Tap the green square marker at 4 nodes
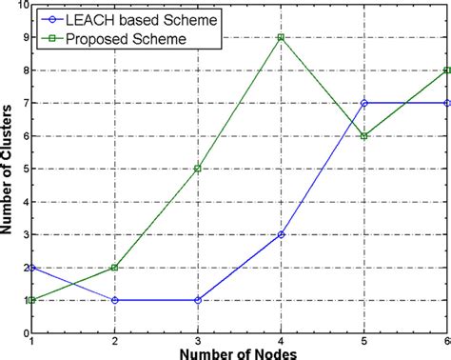(281, 37)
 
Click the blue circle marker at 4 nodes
(281, 234)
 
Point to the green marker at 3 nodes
(197, 169)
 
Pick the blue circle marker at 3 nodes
(197, 300)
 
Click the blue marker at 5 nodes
(363, 103)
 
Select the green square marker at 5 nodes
(363, 136)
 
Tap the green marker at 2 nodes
(114, 268)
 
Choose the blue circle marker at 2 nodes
(114, 300)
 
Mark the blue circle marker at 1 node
(31, 268)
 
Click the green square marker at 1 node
(31, 300)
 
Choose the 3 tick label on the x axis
(197, 340)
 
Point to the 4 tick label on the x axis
(281, 340)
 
